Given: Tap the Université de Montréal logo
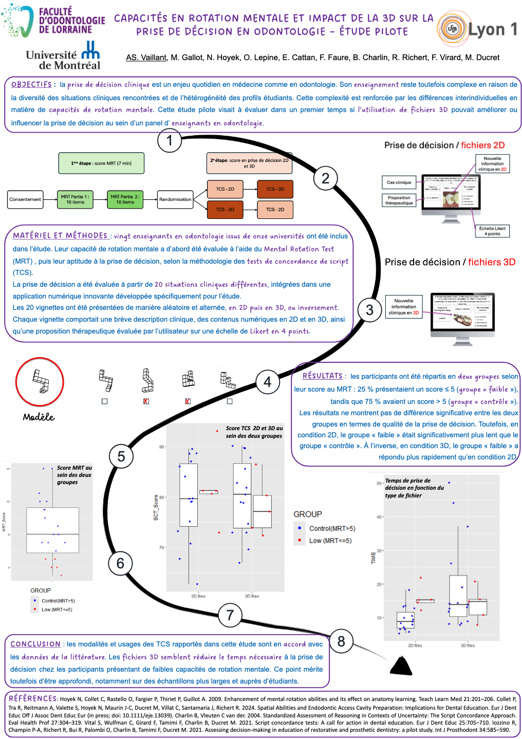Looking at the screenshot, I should [x=63, y=56].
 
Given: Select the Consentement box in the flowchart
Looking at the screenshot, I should [x=25, y=199].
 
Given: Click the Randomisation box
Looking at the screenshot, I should [x=175, y=199].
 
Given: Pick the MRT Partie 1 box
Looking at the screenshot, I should [x=75, y=199].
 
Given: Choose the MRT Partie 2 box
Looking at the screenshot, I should [x=125, y=199].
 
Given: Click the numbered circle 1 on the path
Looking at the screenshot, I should [x=170, y=140].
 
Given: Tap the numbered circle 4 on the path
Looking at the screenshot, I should [x=268, y=382].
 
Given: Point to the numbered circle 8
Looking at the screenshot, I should [x=341, y=641].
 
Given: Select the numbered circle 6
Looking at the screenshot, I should [x=120, y=563].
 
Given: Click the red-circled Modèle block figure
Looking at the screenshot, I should [x=40, y=382].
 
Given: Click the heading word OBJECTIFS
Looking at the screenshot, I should [x=31, y=84].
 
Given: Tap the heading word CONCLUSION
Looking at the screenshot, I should [x=35, y=644].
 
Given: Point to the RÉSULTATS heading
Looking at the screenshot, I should [x=322, y=376].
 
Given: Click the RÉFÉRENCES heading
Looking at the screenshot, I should [x=33, y=698].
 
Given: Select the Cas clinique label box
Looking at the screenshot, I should [x=399, y=182].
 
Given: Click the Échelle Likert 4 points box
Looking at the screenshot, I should [x=492, y=231].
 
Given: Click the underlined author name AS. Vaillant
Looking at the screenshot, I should [x=146, y=58].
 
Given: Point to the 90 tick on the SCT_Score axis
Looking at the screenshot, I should [x=162, y=447].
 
